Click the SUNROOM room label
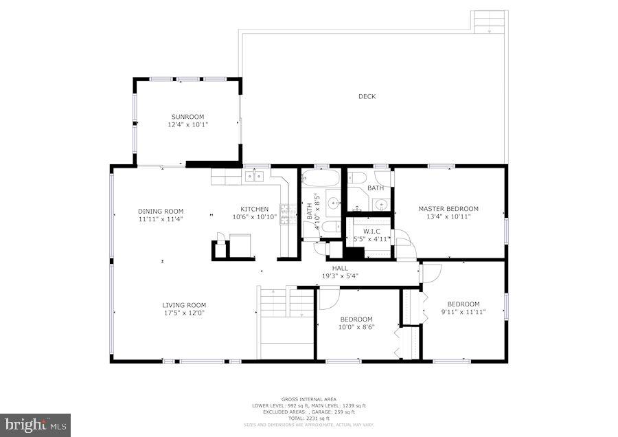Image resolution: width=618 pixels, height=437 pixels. coord(187,117)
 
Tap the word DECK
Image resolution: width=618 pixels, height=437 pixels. coord(367,97)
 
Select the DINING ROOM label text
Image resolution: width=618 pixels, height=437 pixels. coord(160,211)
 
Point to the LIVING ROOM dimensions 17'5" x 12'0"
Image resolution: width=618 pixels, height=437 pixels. coord(184,313)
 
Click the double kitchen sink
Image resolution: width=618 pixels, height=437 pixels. coord(254,177)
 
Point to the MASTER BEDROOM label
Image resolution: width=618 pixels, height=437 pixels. coord(448,209)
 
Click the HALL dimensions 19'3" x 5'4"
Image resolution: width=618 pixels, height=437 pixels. coord(340,276)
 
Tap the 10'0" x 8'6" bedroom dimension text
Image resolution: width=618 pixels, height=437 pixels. coord(356,327)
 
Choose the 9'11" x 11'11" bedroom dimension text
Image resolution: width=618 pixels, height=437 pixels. coord(463,312)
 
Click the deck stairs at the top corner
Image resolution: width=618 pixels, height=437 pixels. coord(490,21)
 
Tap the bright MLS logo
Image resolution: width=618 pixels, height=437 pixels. coord(36,425)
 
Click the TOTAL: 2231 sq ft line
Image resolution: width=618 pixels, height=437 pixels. coord(308,418)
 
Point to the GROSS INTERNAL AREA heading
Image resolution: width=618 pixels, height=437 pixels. coord(308,399)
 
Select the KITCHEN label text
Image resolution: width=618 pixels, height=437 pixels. coord(254,209)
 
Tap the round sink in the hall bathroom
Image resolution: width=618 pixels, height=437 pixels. coord(332,203)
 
